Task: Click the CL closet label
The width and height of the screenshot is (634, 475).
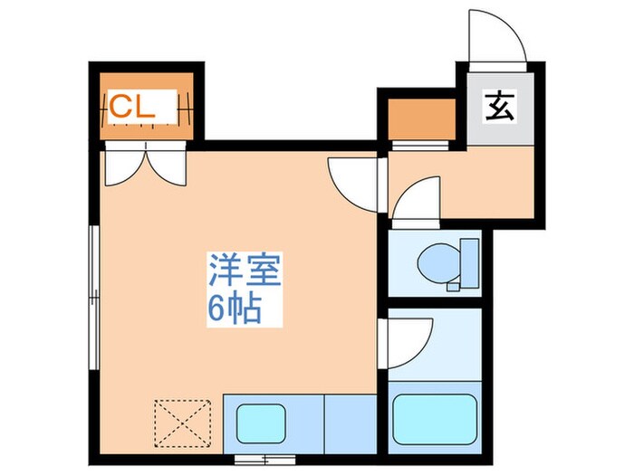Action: coord(133,107)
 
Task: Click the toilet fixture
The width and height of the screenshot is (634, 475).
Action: coord(439,263)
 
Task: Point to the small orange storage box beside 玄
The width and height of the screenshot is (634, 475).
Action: coord(420,118)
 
